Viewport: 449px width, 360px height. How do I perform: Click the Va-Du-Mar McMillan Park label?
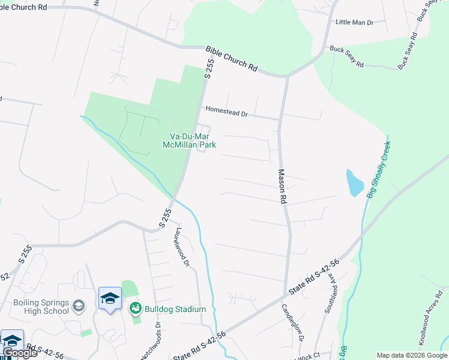pos(188,140)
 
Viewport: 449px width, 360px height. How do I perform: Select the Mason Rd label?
pos(281,186)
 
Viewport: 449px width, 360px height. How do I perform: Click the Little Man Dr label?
pos(354,22)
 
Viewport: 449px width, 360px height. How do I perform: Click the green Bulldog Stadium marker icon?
pos(135,308)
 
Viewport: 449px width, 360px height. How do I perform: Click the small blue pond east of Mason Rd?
pos(354,182)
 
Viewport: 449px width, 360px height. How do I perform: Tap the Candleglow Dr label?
pos(292,323)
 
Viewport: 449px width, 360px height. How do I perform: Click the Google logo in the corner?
pos(20,352)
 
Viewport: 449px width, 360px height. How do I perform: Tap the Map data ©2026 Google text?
pos(412,355)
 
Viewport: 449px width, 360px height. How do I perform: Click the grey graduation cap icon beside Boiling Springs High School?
pos(79,307)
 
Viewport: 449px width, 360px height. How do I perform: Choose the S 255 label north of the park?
pos(209,68)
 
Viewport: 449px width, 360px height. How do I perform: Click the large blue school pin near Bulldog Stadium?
pos(110,299)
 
